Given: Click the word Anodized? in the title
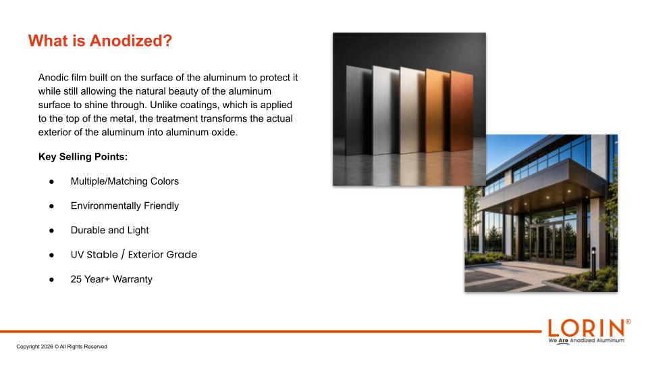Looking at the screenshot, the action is coord(130,41).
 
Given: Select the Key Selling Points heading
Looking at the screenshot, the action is coord(83,157).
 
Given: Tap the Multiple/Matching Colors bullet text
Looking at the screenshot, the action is coord(125,181).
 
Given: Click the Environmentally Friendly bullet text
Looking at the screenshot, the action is coord(125,205).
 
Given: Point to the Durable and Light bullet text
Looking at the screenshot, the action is coord(109,230).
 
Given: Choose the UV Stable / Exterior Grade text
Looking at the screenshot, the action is coord(134,255).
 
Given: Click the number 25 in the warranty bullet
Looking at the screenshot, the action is coord(76,279).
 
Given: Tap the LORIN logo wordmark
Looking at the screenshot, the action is coord(587,328).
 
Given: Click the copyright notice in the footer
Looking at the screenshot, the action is coord(61,347).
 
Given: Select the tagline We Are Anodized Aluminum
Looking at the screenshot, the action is coord(587,341).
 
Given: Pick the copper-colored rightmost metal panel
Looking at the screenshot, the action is coord(462,111).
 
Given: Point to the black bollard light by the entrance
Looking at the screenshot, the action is coord(594,262).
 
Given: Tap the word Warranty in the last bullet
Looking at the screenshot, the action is coord(132,279).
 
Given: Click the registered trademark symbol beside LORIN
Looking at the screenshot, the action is coord(628,322).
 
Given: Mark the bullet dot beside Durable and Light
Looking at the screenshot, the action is coord(52,230).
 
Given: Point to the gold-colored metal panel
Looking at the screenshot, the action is coord(438,111).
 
